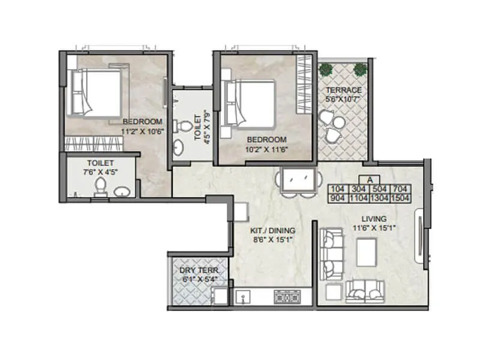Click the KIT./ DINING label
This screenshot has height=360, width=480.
point(273,229)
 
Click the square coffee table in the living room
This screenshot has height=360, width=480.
point(367,251)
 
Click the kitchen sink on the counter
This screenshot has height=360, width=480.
point(243,296)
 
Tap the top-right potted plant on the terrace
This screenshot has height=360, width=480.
point(359,70)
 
